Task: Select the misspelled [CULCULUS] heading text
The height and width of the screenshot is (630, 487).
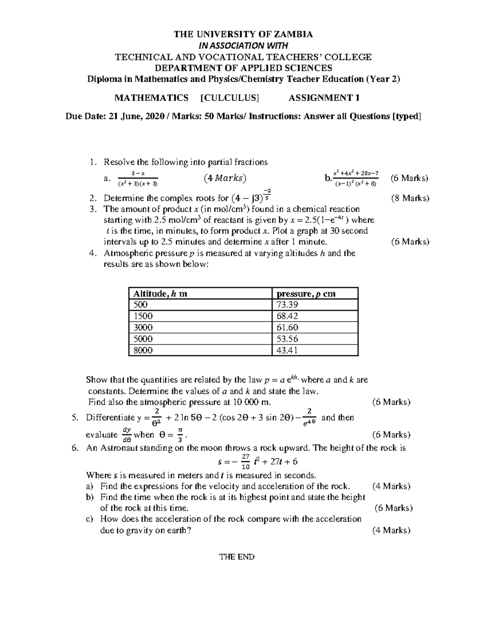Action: pyautogui.click(x=229, y=98)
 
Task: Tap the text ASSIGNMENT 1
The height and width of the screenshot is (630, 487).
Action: pyautogui.click(x=324, y=98)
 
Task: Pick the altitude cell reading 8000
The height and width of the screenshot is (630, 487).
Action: pyautogui.click(x=143, y=350)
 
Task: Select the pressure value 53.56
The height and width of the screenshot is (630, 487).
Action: pyautogui.click(x=287, y=339)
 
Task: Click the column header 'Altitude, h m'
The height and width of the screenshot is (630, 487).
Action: pyautogui.click(x=160, y=294)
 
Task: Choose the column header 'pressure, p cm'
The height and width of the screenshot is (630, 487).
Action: pyautogui.click(x=306, y=294)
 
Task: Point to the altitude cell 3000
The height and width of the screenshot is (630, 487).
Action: pyautogui.click(x=143, y=327)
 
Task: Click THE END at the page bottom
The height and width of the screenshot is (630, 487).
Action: pyautogui.click(x=237, y=557)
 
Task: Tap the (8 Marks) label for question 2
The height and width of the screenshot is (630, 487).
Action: pyautogui.click(x=410, y=198)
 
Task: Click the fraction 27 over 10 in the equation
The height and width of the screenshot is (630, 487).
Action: pyautogui.click(x=245, y=462)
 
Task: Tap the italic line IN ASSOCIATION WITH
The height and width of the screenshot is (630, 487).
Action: pyautogui.click(x=243, y=45)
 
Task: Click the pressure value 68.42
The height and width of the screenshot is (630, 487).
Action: pyautogui.click(x=287, y=316)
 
